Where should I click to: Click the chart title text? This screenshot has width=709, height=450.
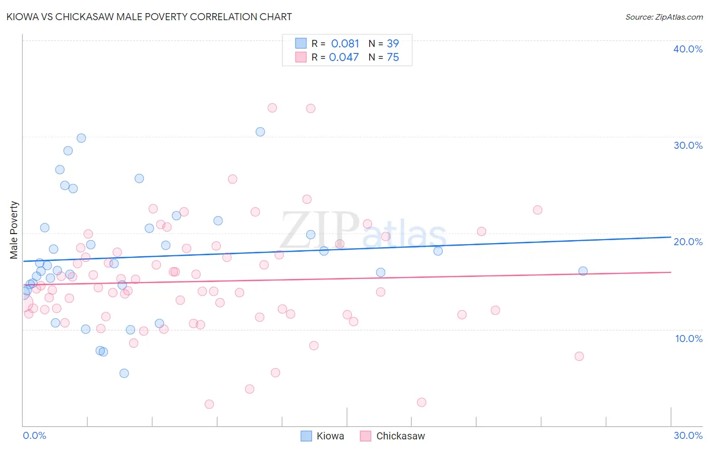(x=149, y=17)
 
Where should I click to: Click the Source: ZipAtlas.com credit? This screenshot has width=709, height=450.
(x=664, y=17)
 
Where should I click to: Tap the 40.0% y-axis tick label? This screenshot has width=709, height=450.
(x=688, y=49)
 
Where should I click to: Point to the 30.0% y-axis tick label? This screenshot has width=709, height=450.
(x=688, y=145)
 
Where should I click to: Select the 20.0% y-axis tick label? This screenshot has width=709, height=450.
(x=688, y=242)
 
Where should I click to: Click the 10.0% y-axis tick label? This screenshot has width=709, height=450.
(x=688, y=339)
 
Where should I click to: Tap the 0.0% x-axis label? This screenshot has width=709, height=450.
(x=34, y=435)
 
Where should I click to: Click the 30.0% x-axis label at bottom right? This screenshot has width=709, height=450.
(x=688, y=435)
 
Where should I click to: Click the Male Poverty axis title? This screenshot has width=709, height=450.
(x=14, y=230)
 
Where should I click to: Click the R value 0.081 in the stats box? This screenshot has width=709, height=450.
(x=345, y=44)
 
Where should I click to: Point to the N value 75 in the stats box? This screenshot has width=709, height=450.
(x=393, y=58)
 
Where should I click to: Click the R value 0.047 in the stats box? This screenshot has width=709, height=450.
(x=344, y=58)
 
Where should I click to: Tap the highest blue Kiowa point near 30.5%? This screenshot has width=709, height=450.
(x=260, y=132)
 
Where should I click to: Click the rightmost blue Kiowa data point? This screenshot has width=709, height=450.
(x=583, y=271)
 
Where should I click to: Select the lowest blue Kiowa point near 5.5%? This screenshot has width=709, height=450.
(x=124, y=373)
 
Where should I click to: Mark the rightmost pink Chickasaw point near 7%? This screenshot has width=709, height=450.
(x=579, y=356)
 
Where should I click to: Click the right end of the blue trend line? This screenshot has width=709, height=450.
(x=671, y=237)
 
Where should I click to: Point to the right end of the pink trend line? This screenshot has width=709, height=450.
(x=671, y=272)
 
